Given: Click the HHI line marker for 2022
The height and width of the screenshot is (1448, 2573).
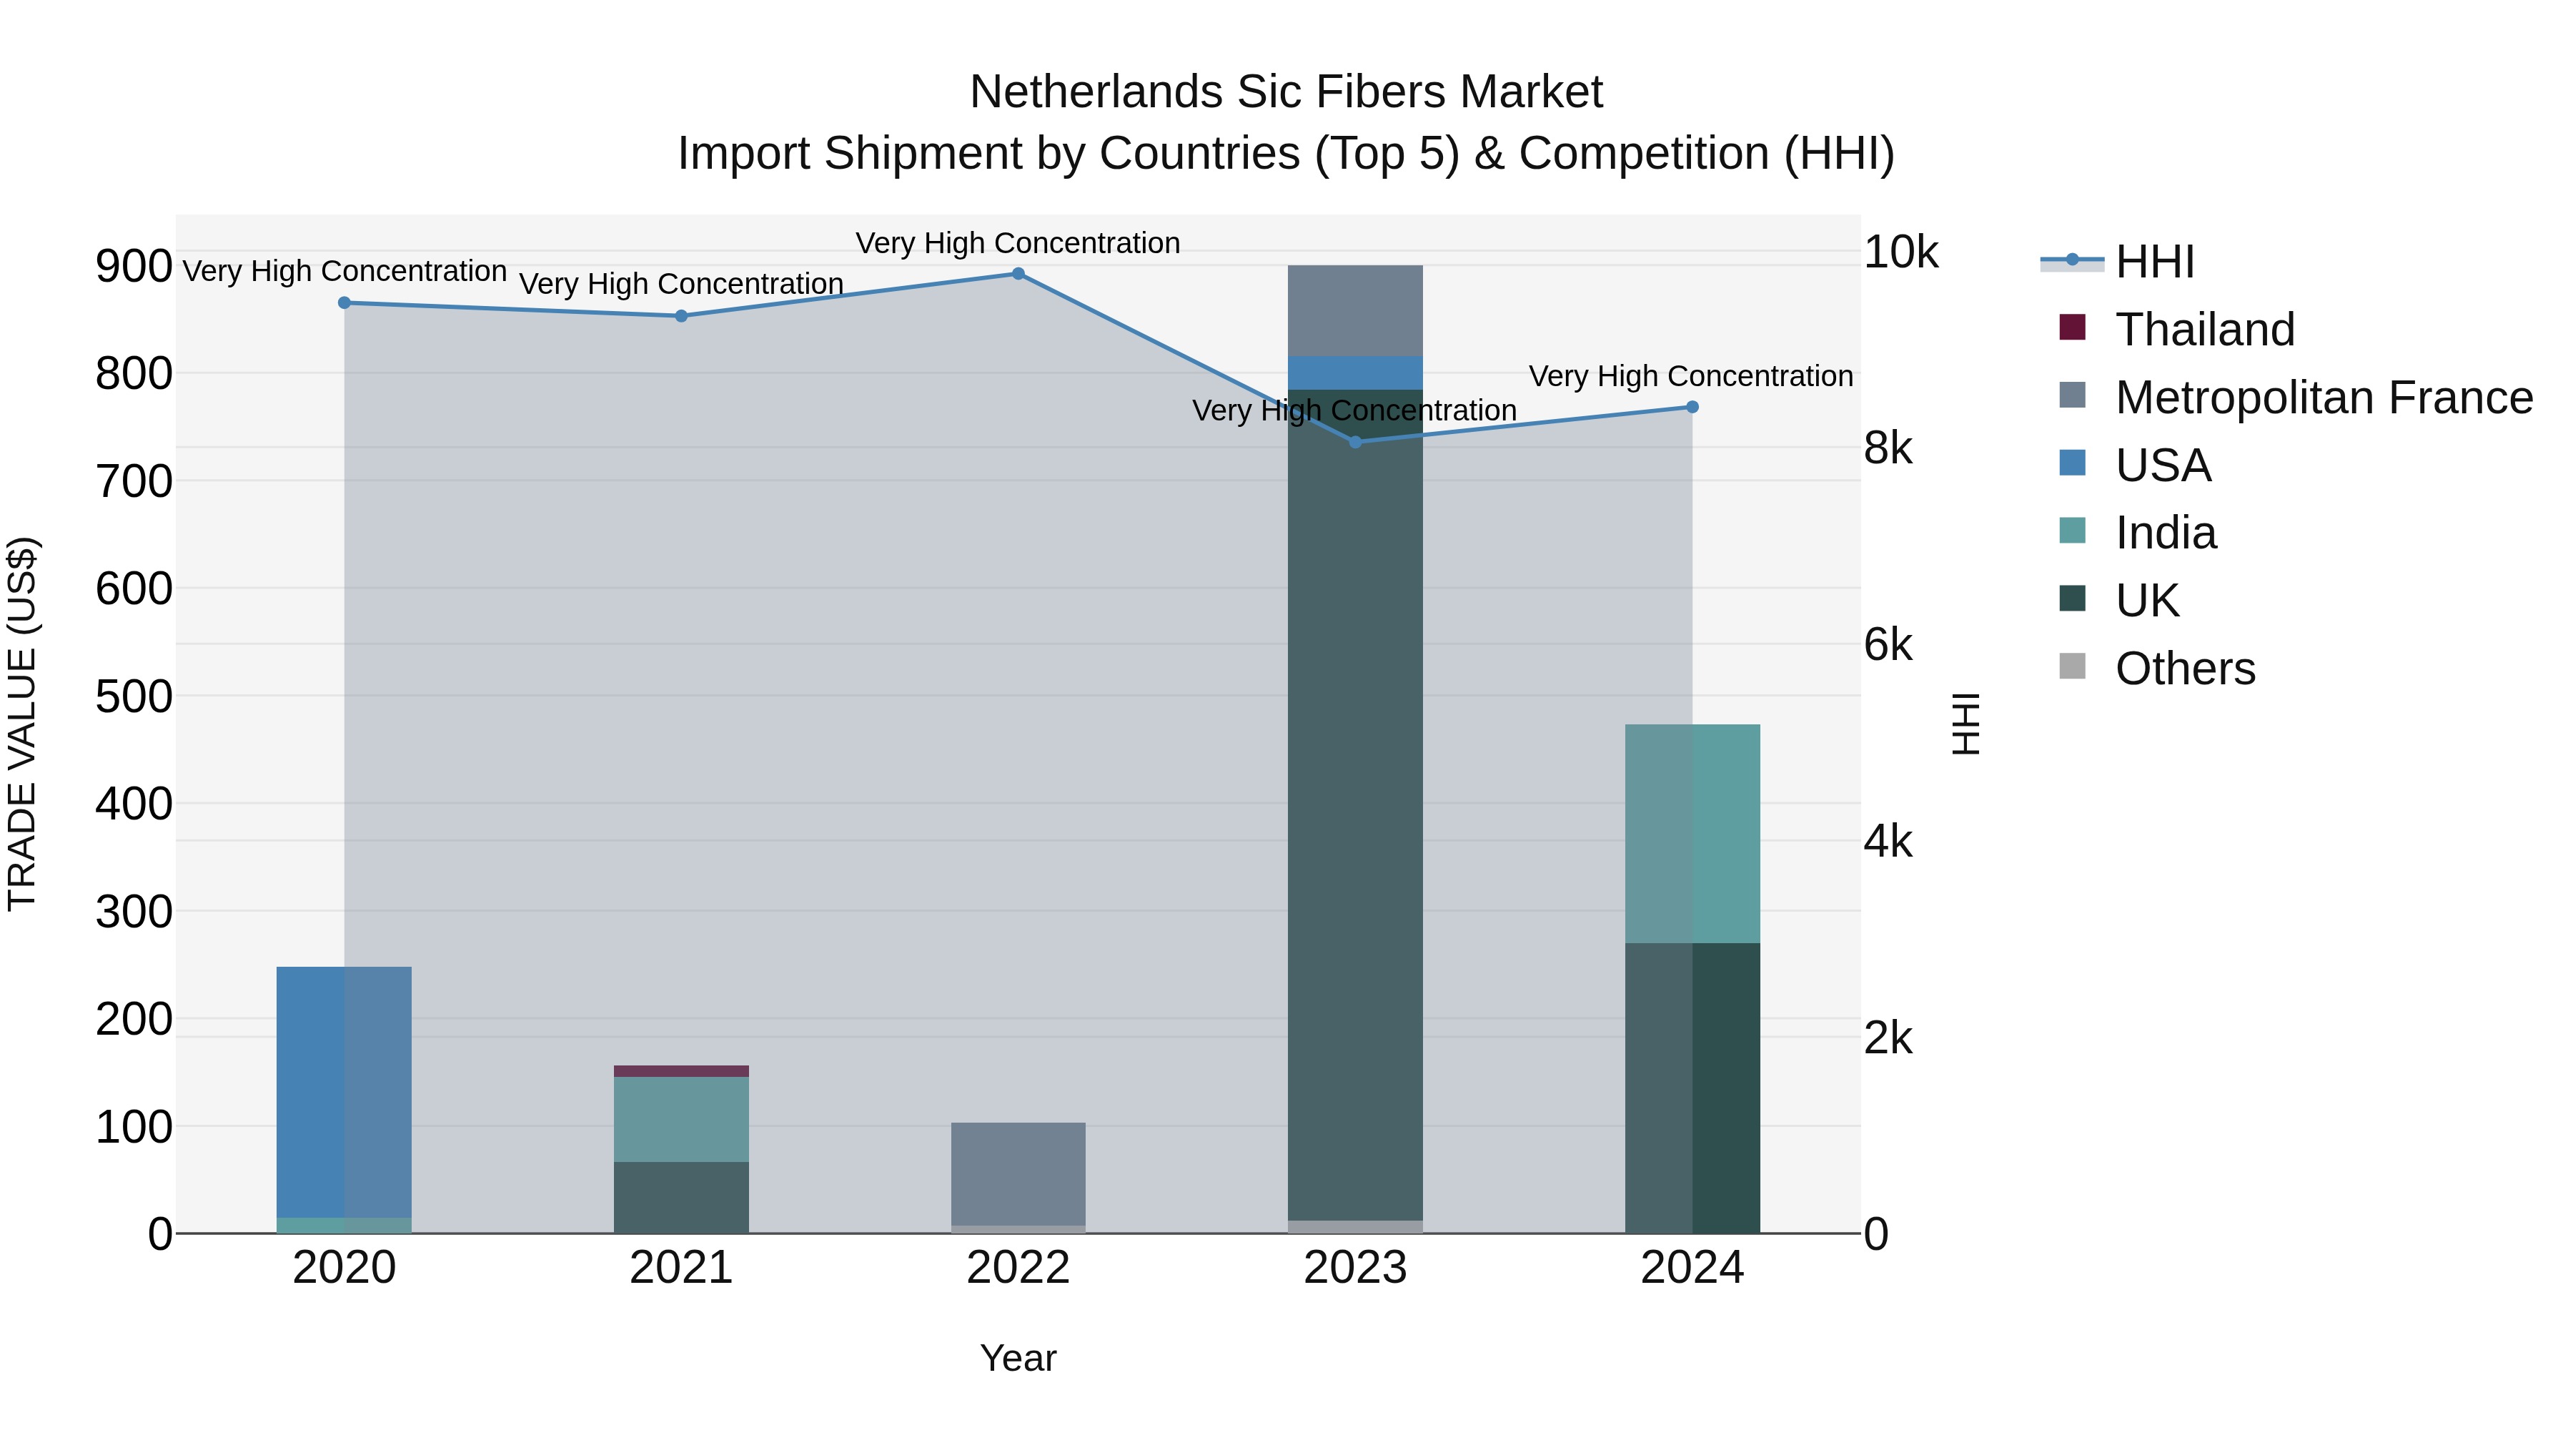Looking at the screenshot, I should [1018, 274].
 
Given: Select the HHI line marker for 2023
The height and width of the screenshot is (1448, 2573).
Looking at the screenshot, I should [1355, 442].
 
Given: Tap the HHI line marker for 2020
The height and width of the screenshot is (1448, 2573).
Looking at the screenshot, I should [344, 302].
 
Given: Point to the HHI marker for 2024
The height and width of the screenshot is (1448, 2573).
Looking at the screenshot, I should [1692, 407].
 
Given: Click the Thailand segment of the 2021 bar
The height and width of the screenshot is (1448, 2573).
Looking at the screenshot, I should [681, 1071].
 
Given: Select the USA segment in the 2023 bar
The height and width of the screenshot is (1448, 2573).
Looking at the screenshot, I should [1355, 373].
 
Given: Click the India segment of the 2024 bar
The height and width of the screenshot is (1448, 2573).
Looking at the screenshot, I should [1692, 834].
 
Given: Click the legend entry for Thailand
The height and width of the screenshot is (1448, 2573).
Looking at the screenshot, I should [2204, 330].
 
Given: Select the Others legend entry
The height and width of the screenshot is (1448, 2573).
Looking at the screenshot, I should [2184, 669].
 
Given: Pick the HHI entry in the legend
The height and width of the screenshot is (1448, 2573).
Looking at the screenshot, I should [2154, 262].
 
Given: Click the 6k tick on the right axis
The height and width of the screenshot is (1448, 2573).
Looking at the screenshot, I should [1888, 646].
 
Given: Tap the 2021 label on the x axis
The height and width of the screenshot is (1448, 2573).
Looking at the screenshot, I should [681, 1268].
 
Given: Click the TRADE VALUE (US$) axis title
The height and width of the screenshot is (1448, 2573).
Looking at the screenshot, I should [23, 724].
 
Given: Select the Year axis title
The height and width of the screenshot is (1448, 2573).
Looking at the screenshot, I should [1018, 1358].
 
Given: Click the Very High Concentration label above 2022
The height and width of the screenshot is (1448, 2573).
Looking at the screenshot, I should [1018, 243].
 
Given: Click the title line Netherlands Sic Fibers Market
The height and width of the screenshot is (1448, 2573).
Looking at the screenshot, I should [1286, 92].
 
